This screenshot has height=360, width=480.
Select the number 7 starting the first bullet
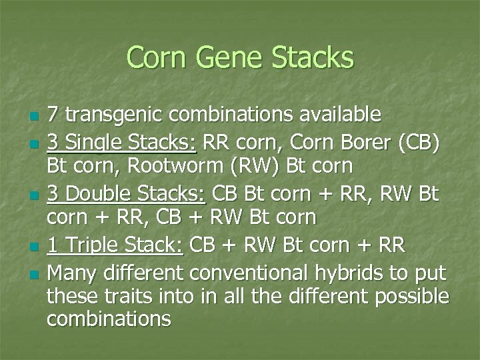pos(53,115)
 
